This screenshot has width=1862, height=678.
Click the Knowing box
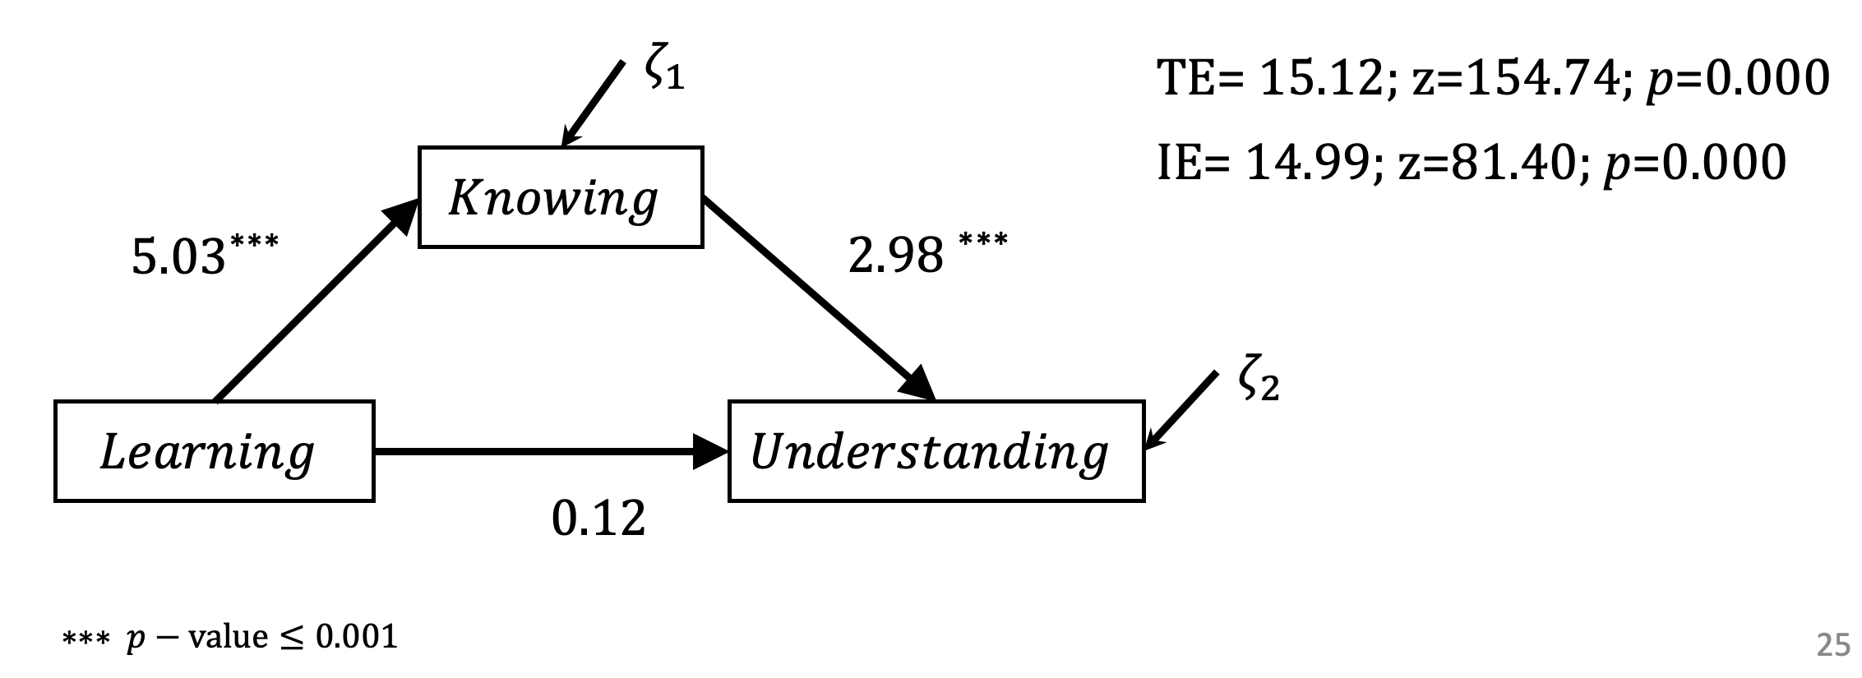point(560,197)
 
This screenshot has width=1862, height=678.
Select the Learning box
point(214,451)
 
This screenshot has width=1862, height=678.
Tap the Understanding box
point(936,451)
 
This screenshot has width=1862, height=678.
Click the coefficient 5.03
point(178,257)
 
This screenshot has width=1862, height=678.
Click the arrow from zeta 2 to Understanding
point(1182,410)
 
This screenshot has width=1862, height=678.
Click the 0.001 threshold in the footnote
point(357,637)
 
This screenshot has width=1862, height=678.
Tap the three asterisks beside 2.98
point(983,241)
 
